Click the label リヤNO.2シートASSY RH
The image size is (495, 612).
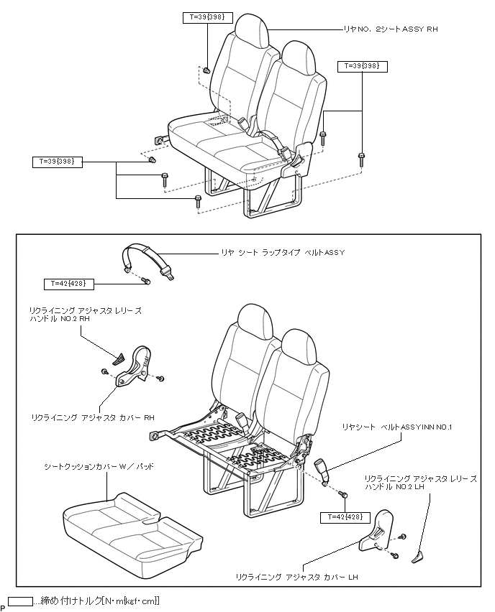(390, 29)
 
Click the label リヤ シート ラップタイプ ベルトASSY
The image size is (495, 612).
(283, 253)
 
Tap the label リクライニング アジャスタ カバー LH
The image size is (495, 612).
(297, 577)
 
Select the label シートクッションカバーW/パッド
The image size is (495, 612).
(99, 466)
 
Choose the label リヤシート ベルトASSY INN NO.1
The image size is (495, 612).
(396, 427)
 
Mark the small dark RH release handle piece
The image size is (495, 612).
(119, 356)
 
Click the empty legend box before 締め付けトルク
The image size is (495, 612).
(19, 601)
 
